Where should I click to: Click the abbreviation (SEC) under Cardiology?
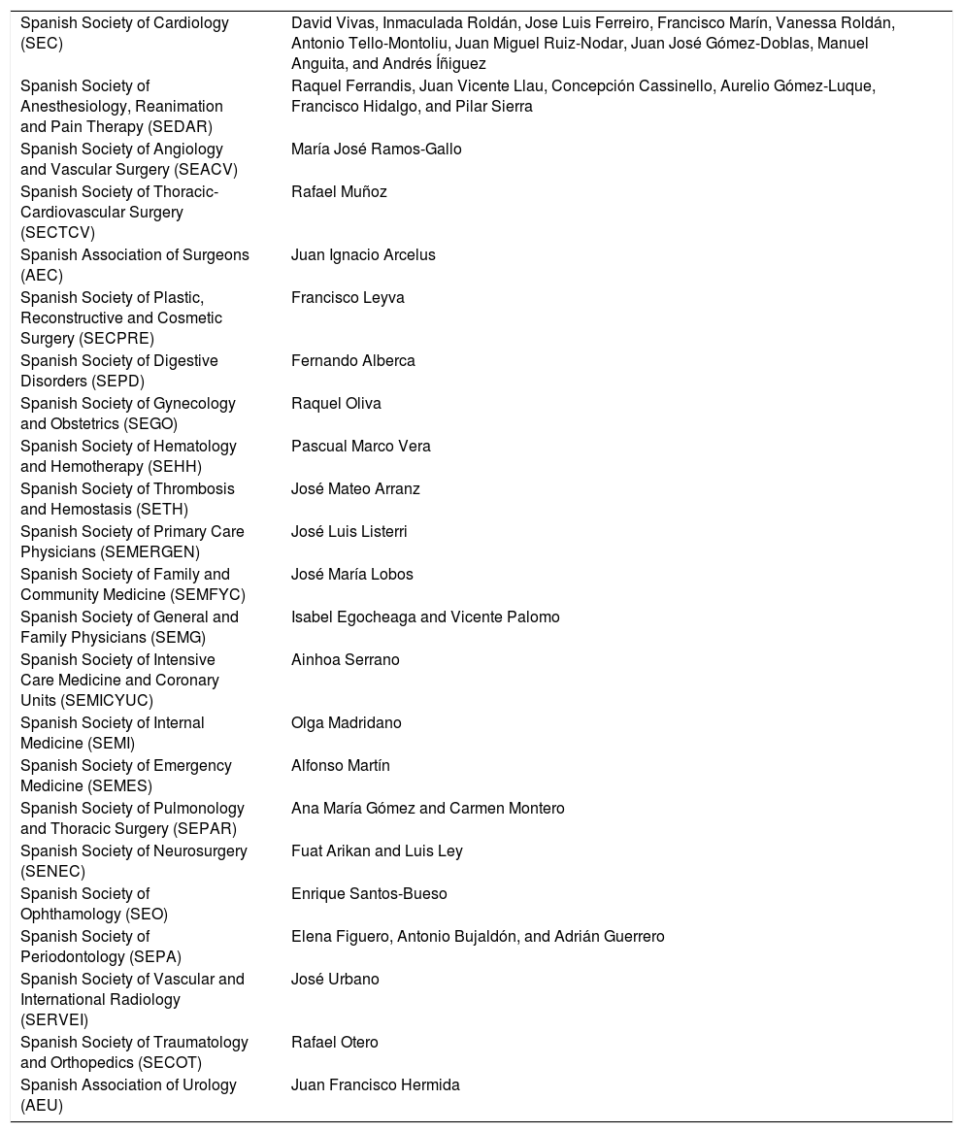point(40,44)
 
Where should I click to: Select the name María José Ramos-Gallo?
point(376,150)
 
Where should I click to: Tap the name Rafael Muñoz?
point(339,192)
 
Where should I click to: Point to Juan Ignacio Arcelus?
point(363,255)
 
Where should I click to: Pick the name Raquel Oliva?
point(336,404)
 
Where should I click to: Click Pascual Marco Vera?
point(360,447)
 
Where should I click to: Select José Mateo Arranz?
point(355,489)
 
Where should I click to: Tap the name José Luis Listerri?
point(349,532)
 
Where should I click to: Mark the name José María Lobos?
point(351,575)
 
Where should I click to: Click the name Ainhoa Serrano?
point(345,660)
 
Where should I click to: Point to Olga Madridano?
point(346,723)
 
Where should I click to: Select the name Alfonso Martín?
point(340,766)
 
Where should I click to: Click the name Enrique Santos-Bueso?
point(369,894)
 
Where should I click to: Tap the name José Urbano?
point(335,980)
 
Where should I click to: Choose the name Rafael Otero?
point(335,1043)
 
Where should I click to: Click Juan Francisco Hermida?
point(375,1085)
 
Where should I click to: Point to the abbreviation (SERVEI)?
point(54,1020)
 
